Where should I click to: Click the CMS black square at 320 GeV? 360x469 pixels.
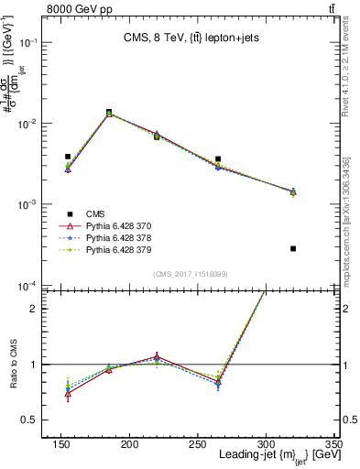pos(293,248)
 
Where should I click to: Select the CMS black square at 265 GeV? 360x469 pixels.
pos(243,158)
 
